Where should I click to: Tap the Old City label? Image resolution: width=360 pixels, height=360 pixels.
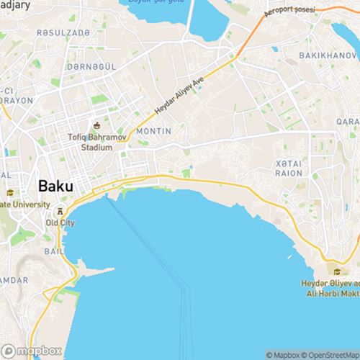[60, 222]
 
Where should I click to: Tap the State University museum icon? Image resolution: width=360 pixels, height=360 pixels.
[11, 193]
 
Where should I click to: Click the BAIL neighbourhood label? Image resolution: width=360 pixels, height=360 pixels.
[53, 251]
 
